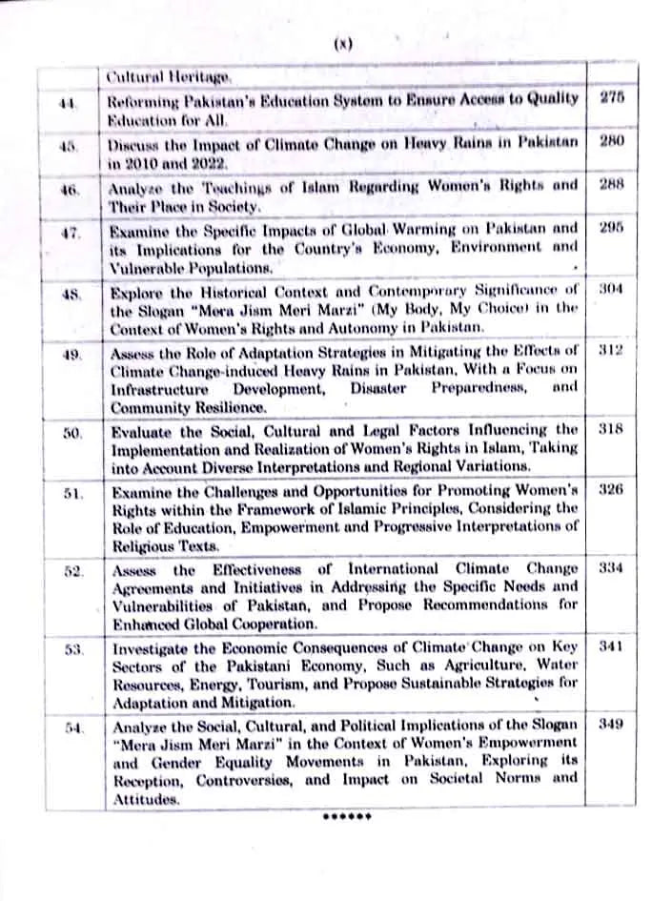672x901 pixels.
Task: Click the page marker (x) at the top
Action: (x=344, y=44)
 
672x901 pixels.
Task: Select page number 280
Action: (x=611, y=141)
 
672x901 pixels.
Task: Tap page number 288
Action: (x=611, y=184)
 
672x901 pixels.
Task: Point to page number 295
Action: (x=611, y=229)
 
